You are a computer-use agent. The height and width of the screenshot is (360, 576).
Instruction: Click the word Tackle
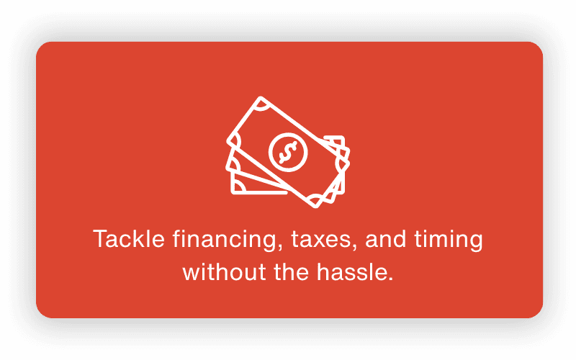point(129,239)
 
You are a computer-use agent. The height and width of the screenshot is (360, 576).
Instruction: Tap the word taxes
point(323,240)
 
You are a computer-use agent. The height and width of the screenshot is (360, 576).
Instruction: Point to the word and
point(386,239)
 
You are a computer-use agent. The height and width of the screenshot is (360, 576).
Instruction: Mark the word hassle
point(352,272)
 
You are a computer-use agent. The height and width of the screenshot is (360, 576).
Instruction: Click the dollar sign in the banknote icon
point(288,152)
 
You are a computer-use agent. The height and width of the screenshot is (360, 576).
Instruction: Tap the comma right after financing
point(280,247)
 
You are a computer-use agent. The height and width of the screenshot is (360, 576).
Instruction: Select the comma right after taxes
point(354,247)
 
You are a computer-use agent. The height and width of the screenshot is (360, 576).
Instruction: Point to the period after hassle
point(390,279)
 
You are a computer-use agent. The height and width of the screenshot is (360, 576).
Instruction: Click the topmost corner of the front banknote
point(261,97)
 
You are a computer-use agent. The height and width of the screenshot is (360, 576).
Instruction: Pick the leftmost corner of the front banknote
point(228,141)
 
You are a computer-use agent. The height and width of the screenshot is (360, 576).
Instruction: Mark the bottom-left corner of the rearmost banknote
point(232,193)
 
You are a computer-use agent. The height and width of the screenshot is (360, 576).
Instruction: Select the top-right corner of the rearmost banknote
point(343,137)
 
